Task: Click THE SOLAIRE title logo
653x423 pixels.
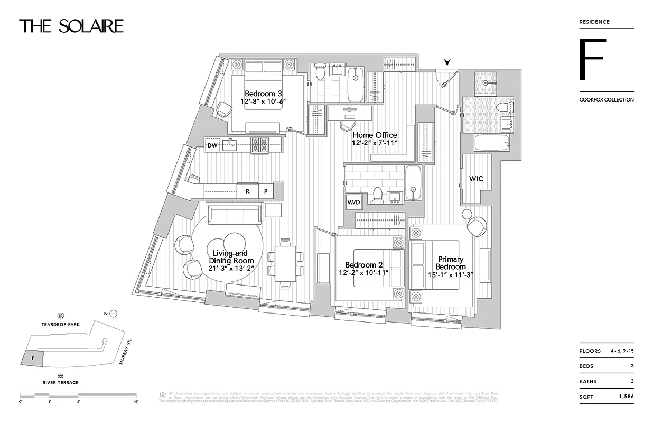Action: (71, 26)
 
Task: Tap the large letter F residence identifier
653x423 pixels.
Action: (591, 59)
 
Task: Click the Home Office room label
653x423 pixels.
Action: (375, 135)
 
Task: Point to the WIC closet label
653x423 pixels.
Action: (476, 179)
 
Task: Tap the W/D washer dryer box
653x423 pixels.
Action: (354, 202)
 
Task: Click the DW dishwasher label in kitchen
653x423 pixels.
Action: (212, 145)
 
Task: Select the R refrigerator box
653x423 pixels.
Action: (247, 192)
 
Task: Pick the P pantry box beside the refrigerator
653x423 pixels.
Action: (266, 192)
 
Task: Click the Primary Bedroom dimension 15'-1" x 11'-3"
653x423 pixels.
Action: (451, 275)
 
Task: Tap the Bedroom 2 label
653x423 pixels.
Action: (363, 265)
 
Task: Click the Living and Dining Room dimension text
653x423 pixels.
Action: (231, 268)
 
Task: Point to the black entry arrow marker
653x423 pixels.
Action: (447, 63)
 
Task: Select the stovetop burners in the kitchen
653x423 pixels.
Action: (259, 145)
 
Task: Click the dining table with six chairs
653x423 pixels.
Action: (285, 263)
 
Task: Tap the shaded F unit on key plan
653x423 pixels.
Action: (32, 357)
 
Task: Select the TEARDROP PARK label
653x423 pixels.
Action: (61, 325)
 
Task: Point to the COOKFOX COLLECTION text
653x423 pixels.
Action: (606, 99)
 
